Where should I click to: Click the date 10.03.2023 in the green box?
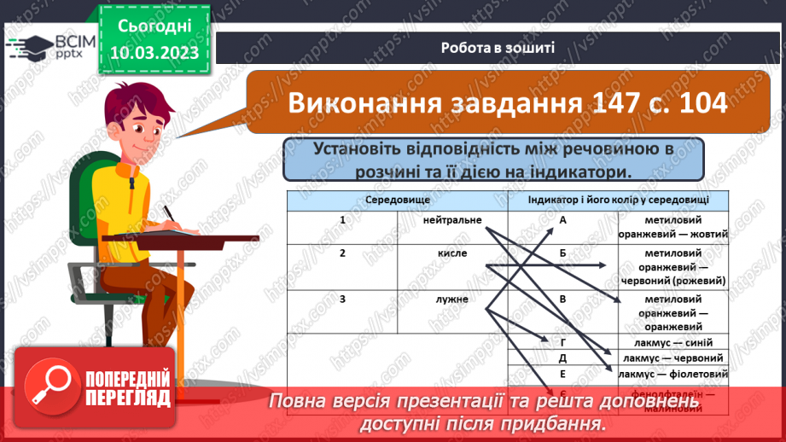click(x=154, y=54)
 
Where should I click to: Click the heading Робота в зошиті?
click(x=498, y=48)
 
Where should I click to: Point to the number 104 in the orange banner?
click(x=699, y=103)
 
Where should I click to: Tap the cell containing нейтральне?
click(x=452, y=220)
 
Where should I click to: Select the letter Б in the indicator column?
click(x=563, y=253)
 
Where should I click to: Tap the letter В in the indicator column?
click(x=563, y=300)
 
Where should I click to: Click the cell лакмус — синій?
click(x=673, y=342)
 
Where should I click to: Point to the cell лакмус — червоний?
click(x=673, y=358)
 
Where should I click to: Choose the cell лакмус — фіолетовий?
click(x=673, y=374)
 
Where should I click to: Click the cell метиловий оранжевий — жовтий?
click(x=673, y=227)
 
